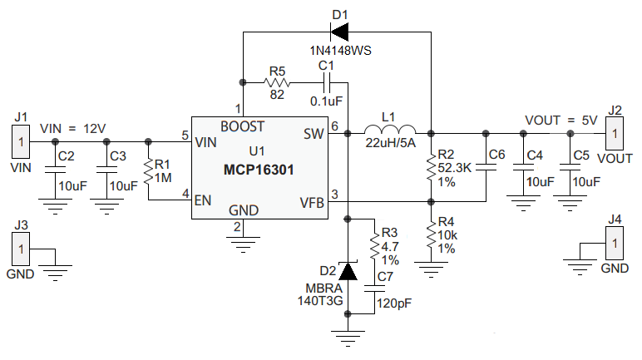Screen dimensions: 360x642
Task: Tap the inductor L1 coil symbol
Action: (x=390, y=131)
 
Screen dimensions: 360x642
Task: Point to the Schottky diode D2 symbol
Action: (x=348, y=271)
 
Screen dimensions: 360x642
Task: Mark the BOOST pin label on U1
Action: (x=243, y=126)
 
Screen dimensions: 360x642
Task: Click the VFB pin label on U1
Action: (x=312, y=200)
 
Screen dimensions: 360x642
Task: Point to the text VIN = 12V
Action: (x=72, y=128)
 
